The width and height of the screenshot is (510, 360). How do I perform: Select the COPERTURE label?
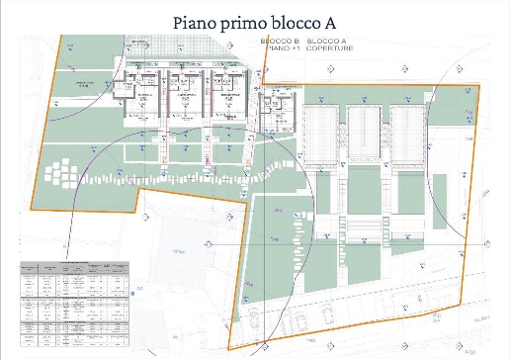328,47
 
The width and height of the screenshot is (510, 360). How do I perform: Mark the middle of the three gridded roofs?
365,132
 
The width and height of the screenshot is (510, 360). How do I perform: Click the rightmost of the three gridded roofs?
406,132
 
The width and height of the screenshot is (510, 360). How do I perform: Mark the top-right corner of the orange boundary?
478,86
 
